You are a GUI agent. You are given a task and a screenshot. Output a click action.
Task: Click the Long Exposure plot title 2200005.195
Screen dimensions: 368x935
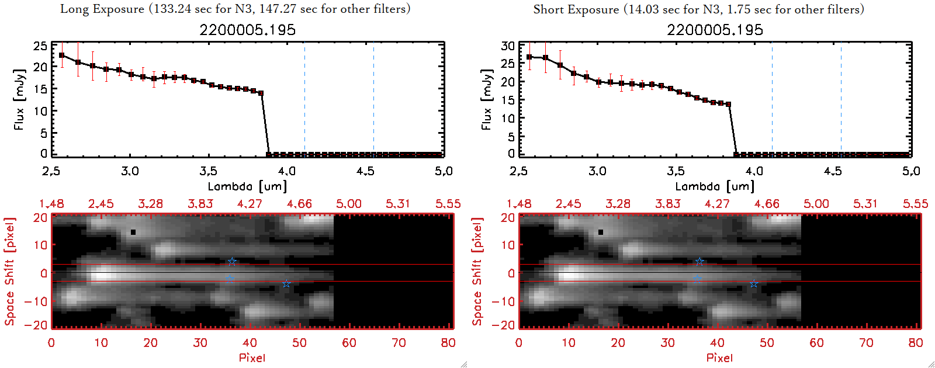[x=247, y=30]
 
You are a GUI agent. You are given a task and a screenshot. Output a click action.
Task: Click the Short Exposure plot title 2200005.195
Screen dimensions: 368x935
[x=715, y=30]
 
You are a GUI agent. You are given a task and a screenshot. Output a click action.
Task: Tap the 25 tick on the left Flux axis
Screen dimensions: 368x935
[x=40, y=46]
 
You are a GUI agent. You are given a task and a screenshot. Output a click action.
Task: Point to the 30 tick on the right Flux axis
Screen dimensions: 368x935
[x=508, y=46]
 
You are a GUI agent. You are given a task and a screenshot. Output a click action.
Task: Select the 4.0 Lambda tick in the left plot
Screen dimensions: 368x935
[x=286, y=171]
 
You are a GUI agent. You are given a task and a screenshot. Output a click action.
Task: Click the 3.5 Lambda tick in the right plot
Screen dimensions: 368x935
[x=676, y=171]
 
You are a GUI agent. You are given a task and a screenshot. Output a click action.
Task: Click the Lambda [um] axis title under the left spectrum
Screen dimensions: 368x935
[x=247, y=186]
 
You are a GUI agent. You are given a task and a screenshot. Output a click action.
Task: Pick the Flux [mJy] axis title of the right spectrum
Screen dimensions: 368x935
[x=486, y=99]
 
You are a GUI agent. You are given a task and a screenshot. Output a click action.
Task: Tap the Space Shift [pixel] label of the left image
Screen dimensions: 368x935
[x=10, y=271]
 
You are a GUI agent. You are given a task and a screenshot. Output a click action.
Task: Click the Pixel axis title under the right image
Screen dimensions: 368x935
[x=719, y=357]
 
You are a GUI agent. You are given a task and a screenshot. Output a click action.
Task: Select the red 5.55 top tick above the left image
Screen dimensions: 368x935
[x=448, y=204]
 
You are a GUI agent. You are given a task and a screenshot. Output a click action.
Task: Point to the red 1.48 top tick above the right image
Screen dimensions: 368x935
[x=519, y=204]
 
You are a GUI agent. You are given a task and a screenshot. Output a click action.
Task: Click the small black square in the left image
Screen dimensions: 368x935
[x=133, y=232]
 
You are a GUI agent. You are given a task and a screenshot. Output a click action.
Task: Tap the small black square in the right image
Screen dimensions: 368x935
[x=601, y=232]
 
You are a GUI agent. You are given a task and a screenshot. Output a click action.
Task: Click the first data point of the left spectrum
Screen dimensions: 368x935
[x=62, y=55]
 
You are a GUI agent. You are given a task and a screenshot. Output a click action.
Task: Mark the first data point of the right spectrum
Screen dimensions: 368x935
[x=529, y=57]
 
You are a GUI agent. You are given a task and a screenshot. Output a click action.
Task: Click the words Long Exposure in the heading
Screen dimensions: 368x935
[x=102, y=9]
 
